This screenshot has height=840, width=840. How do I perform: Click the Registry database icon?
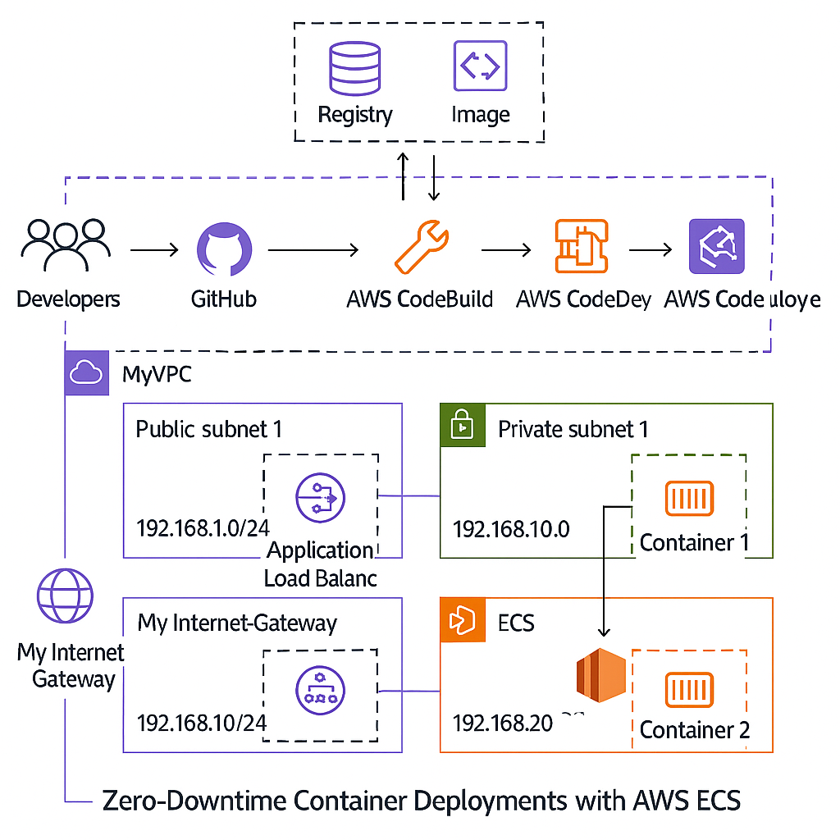tap(354, 66)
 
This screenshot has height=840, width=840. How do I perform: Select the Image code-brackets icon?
tap(480, 66)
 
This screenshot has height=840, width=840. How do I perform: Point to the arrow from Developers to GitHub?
tap(153, 249)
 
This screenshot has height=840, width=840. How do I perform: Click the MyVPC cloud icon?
tap(86, 373)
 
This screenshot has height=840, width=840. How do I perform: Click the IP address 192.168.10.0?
tap(510, 528)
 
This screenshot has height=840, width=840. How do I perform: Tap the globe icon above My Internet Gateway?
tap(66, 597)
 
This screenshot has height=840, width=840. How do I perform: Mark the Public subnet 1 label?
tap(208, 429)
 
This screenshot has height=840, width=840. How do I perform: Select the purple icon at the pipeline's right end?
tap(716, 247)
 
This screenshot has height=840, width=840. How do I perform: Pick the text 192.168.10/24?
tap(202, 723)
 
